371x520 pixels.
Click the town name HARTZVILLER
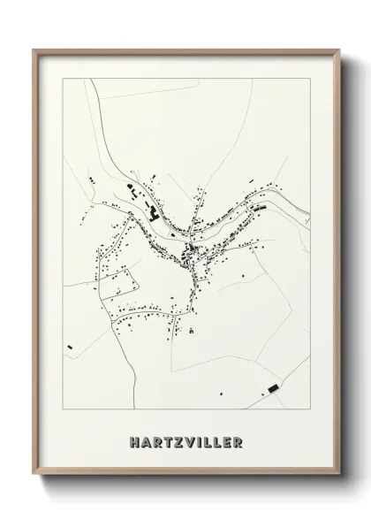(x=185, y=440)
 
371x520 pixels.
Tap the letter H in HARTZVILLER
(x=132, y=440)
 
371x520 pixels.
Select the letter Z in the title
(x=174, y=440)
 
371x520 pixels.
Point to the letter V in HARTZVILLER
(x=186, y=440)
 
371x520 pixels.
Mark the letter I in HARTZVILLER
(x=196, y=440)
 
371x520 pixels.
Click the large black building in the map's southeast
(x=273, y=387)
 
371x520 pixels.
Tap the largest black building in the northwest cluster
(x=152, y=212)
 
